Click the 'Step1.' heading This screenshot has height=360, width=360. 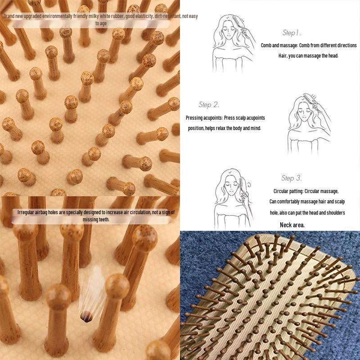coord(292,33)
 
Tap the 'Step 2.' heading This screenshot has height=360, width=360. coord(209,105)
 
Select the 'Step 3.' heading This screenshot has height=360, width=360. coord(292,178)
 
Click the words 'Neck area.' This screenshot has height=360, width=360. coord(292,225)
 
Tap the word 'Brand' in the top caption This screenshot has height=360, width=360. coord(10,16)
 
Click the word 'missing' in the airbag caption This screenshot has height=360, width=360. coord(91,220)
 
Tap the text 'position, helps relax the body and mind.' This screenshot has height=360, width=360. coord(225,128)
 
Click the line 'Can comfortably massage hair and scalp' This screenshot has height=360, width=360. coord(307,201)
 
